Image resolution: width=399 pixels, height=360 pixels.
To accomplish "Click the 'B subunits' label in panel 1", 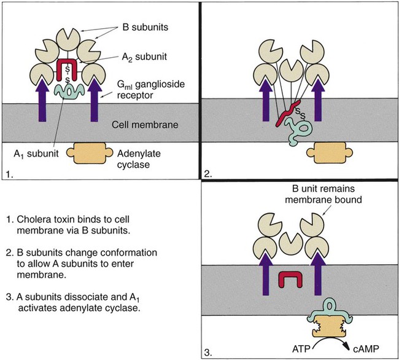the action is click(145, 27).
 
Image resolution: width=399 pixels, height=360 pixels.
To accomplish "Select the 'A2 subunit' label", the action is click(144, 57).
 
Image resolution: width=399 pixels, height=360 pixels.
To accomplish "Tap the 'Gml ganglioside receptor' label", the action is click(151, 90).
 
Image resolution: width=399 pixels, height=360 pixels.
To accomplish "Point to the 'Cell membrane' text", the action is click(145, 125).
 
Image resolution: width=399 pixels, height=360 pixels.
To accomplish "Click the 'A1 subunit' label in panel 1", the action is click(36, 154).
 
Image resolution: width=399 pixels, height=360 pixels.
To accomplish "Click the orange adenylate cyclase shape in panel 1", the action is click(90, 153).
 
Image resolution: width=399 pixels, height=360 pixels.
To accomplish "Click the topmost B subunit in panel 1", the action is click(68, 39).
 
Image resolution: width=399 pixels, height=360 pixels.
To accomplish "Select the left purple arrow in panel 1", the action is click(42, 100).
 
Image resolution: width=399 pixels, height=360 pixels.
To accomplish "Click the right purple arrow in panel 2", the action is click(318, 100).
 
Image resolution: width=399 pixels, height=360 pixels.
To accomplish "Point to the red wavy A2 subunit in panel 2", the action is click(288, 113).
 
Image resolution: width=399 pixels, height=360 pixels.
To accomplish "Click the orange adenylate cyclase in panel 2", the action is click(330, 153).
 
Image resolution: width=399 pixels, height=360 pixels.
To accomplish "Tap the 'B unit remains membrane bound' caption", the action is click(323, 194).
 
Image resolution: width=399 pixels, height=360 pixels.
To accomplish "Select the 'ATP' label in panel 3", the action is click(301, 348).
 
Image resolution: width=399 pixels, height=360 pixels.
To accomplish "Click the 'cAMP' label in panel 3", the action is click(366, 348).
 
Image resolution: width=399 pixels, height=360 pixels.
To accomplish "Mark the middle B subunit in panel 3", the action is click(291, 243).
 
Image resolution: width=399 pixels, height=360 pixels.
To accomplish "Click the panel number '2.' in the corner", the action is click(208, 174).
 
